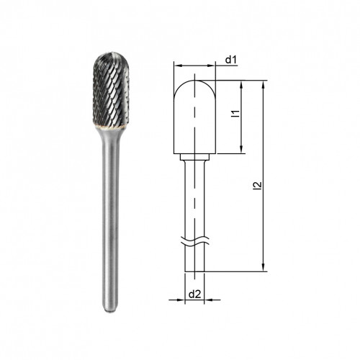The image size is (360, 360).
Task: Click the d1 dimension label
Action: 231,60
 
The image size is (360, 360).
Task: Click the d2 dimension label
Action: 194,294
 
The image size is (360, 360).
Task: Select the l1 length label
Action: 236,114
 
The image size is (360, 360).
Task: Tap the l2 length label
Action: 257,186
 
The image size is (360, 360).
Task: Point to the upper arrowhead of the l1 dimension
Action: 242,85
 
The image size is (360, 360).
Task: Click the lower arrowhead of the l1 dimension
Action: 242,150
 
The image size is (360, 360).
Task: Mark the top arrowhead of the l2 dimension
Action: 264,85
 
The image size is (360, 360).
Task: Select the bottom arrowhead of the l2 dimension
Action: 264,267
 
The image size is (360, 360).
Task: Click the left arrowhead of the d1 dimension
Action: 178,66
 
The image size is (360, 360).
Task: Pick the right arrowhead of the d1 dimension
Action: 211,66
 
